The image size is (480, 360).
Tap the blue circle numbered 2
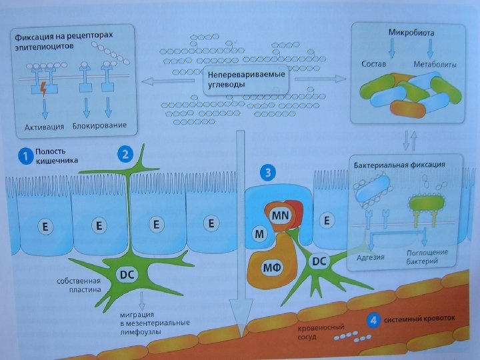[x=125, y=153]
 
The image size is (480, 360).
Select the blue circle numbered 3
[x=267, y=173]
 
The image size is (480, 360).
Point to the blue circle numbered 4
[x=373, y=320]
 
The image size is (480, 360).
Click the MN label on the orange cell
[x=279, y=215]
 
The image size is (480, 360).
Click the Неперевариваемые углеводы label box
[x=245, y=79]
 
